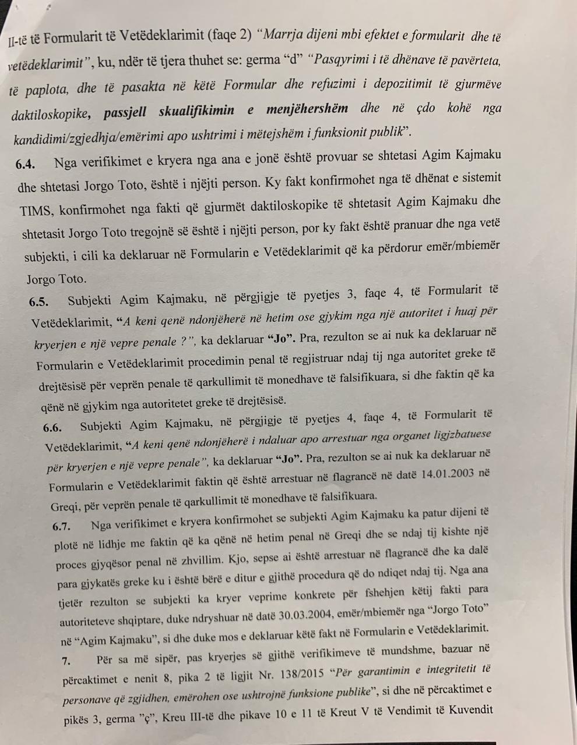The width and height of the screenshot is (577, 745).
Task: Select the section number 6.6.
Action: pyautogui.click(x=52, y=427)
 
